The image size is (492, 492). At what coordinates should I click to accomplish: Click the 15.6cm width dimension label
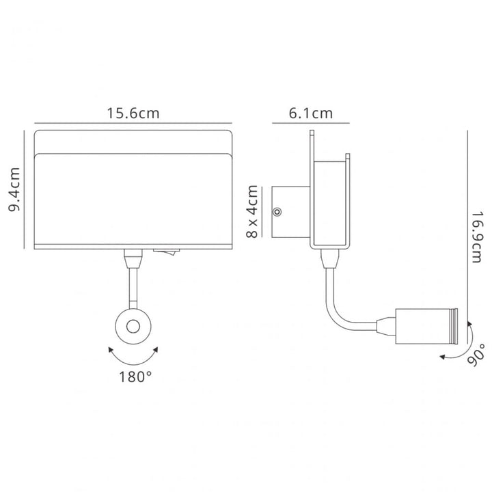coord(133,113)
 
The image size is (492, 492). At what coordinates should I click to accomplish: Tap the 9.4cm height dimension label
coord(14,189)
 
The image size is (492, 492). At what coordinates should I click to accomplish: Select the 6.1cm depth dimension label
coord(311,113)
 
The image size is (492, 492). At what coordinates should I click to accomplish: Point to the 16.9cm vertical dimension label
coord(477,237)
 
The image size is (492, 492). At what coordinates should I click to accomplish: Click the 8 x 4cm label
coord(252,211)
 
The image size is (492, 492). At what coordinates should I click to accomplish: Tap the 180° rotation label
coord(135,377)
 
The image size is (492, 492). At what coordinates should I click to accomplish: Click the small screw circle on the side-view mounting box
coord(277,212)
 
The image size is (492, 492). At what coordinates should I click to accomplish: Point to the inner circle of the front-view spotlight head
coord(133,327)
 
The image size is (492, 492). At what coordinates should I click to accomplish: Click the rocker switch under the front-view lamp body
coord(166,251)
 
